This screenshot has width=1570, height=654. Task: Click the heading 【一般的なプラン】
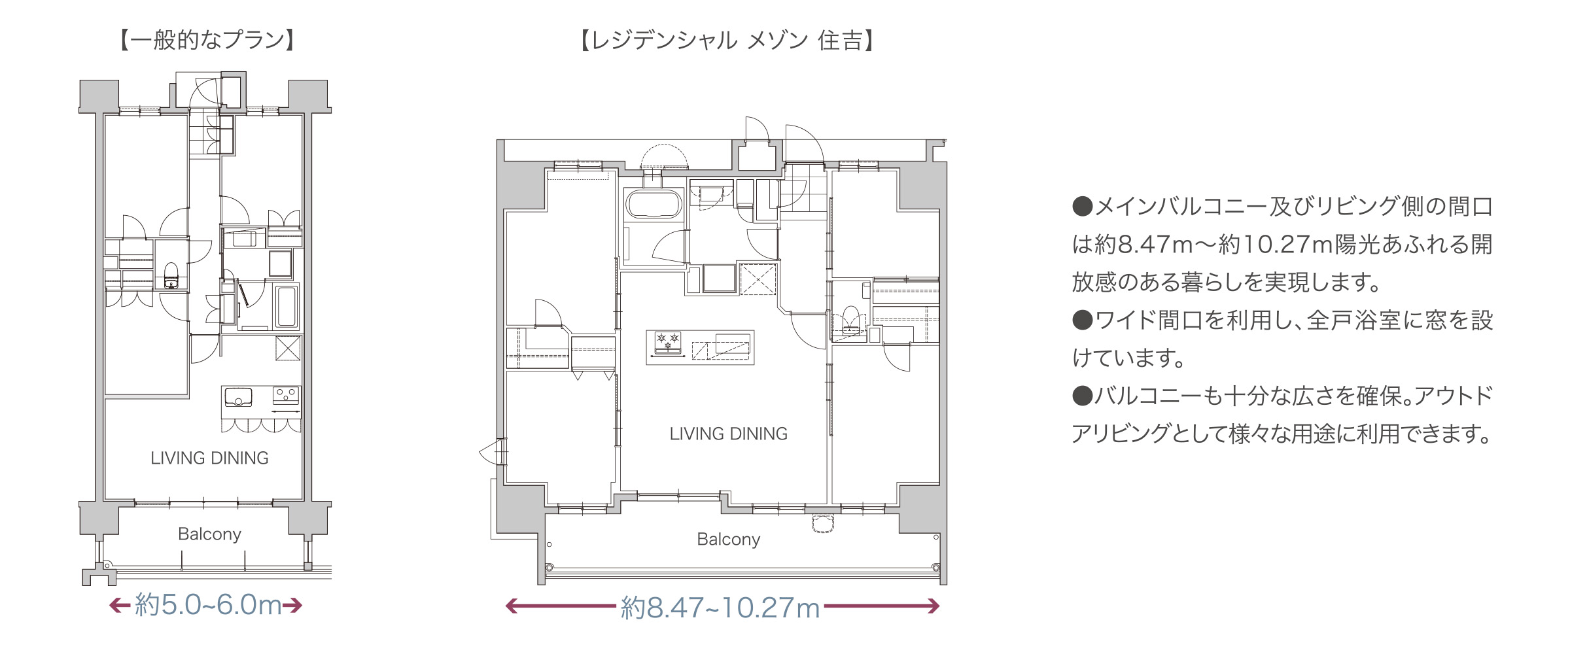pos(208,41)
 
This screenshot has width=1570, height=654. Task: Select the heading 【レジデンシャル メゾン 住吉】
pos(727,41)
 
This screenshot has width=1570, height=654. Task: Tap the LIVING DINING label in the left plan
pos(209,458)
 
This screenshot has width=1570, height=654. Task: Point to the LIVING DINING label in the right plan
pos(728,434)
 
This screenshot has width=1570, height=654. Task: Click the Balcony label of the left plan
pos(209,534)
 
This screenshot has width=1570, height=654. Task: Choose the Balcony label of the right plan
pos(728,540)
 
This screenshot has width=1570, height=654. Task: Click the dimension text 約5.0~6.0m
pos(208,605)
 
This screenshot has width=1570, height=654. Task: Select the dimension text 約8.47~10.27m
pos(720,608)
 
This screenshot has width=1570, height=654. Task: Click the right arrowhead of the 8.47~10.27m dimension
pos(933,607)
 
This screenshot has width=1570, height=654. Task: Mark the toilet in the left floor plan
pos(171,275)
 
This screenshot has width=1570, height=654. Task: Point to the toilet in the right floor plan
pos(850,320)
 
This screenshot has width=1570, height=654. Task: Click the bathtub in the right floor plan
pos(654,204)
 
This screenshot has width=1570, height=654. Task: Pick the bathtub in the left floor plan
pos(286,305)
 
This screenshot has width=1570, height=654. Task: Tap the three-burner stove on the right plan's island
pos(667,343)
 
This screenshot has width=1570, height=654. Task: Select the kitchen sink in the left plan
pos(238,397)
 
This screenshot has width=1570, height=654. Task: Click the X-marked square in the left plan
pos(288,348)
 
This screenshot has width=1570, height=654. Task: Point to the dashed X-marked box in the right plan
pos(758,279)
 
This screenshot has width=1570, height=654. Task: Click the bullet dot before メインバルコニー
pos(1083,207)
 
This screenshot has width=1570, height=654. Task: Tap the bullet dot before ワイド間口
pos(1083,320)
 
